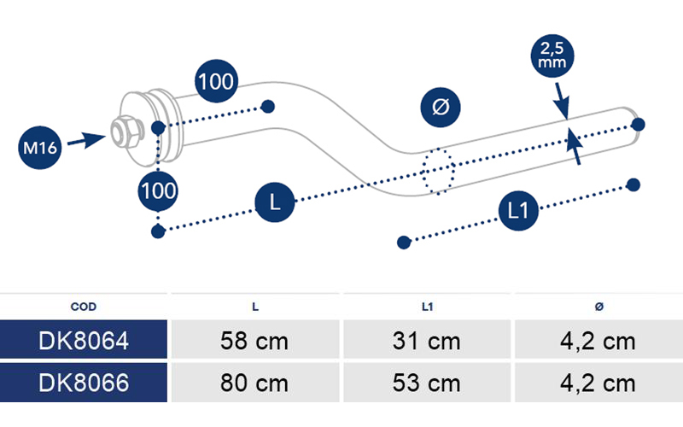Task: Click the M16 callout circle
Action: pyautogui.click(x=39, y=148)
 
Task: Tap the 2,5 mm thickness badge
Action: pyautogui.click(x=552, y=56)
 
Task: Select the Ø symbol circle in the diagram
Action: pyautogui.click(x=441, y=108)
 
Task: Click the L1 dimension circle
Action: pyautogui.click(x=518, y=210)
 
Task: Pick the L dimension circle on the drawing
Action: pyautogui.click(x=274, y=202)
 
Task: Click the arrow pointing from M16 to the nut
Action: pyautogui.click(x=86, y=140)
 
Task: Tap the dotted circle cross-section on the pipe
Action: pyautogui.click(x=438, y=171)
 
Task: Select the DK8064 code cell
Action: pyautogui.click(x=84, y=340)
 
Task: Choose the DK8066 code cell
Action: pyautogui.click(x=84, y=383)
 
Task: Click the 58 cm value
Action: pyautogui.click(x=254, y=340)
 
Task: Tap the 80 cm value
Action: pyautogui.click(x=254, y=383)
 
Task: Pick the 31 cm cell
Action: pyautogui.click(x=427, y=340)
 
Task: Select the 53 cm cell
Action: pyautogui.click(x=427, y=383)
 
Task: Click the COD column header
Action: pyautogui.click(x=83, y=307)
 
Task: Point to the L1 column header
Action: pyautogui.click(x=428, y=307)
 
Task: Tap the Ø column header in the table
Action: pyautogui.click(x=599, y=307)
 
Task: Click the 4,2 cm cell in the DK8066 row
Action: pyautogui.click(x=599, y=383)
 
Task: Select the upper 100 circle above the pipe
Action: pyautogui.click(x=216, y=81)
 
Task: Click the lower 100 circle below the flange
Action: pyautogui.click(x=158, y=190)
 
